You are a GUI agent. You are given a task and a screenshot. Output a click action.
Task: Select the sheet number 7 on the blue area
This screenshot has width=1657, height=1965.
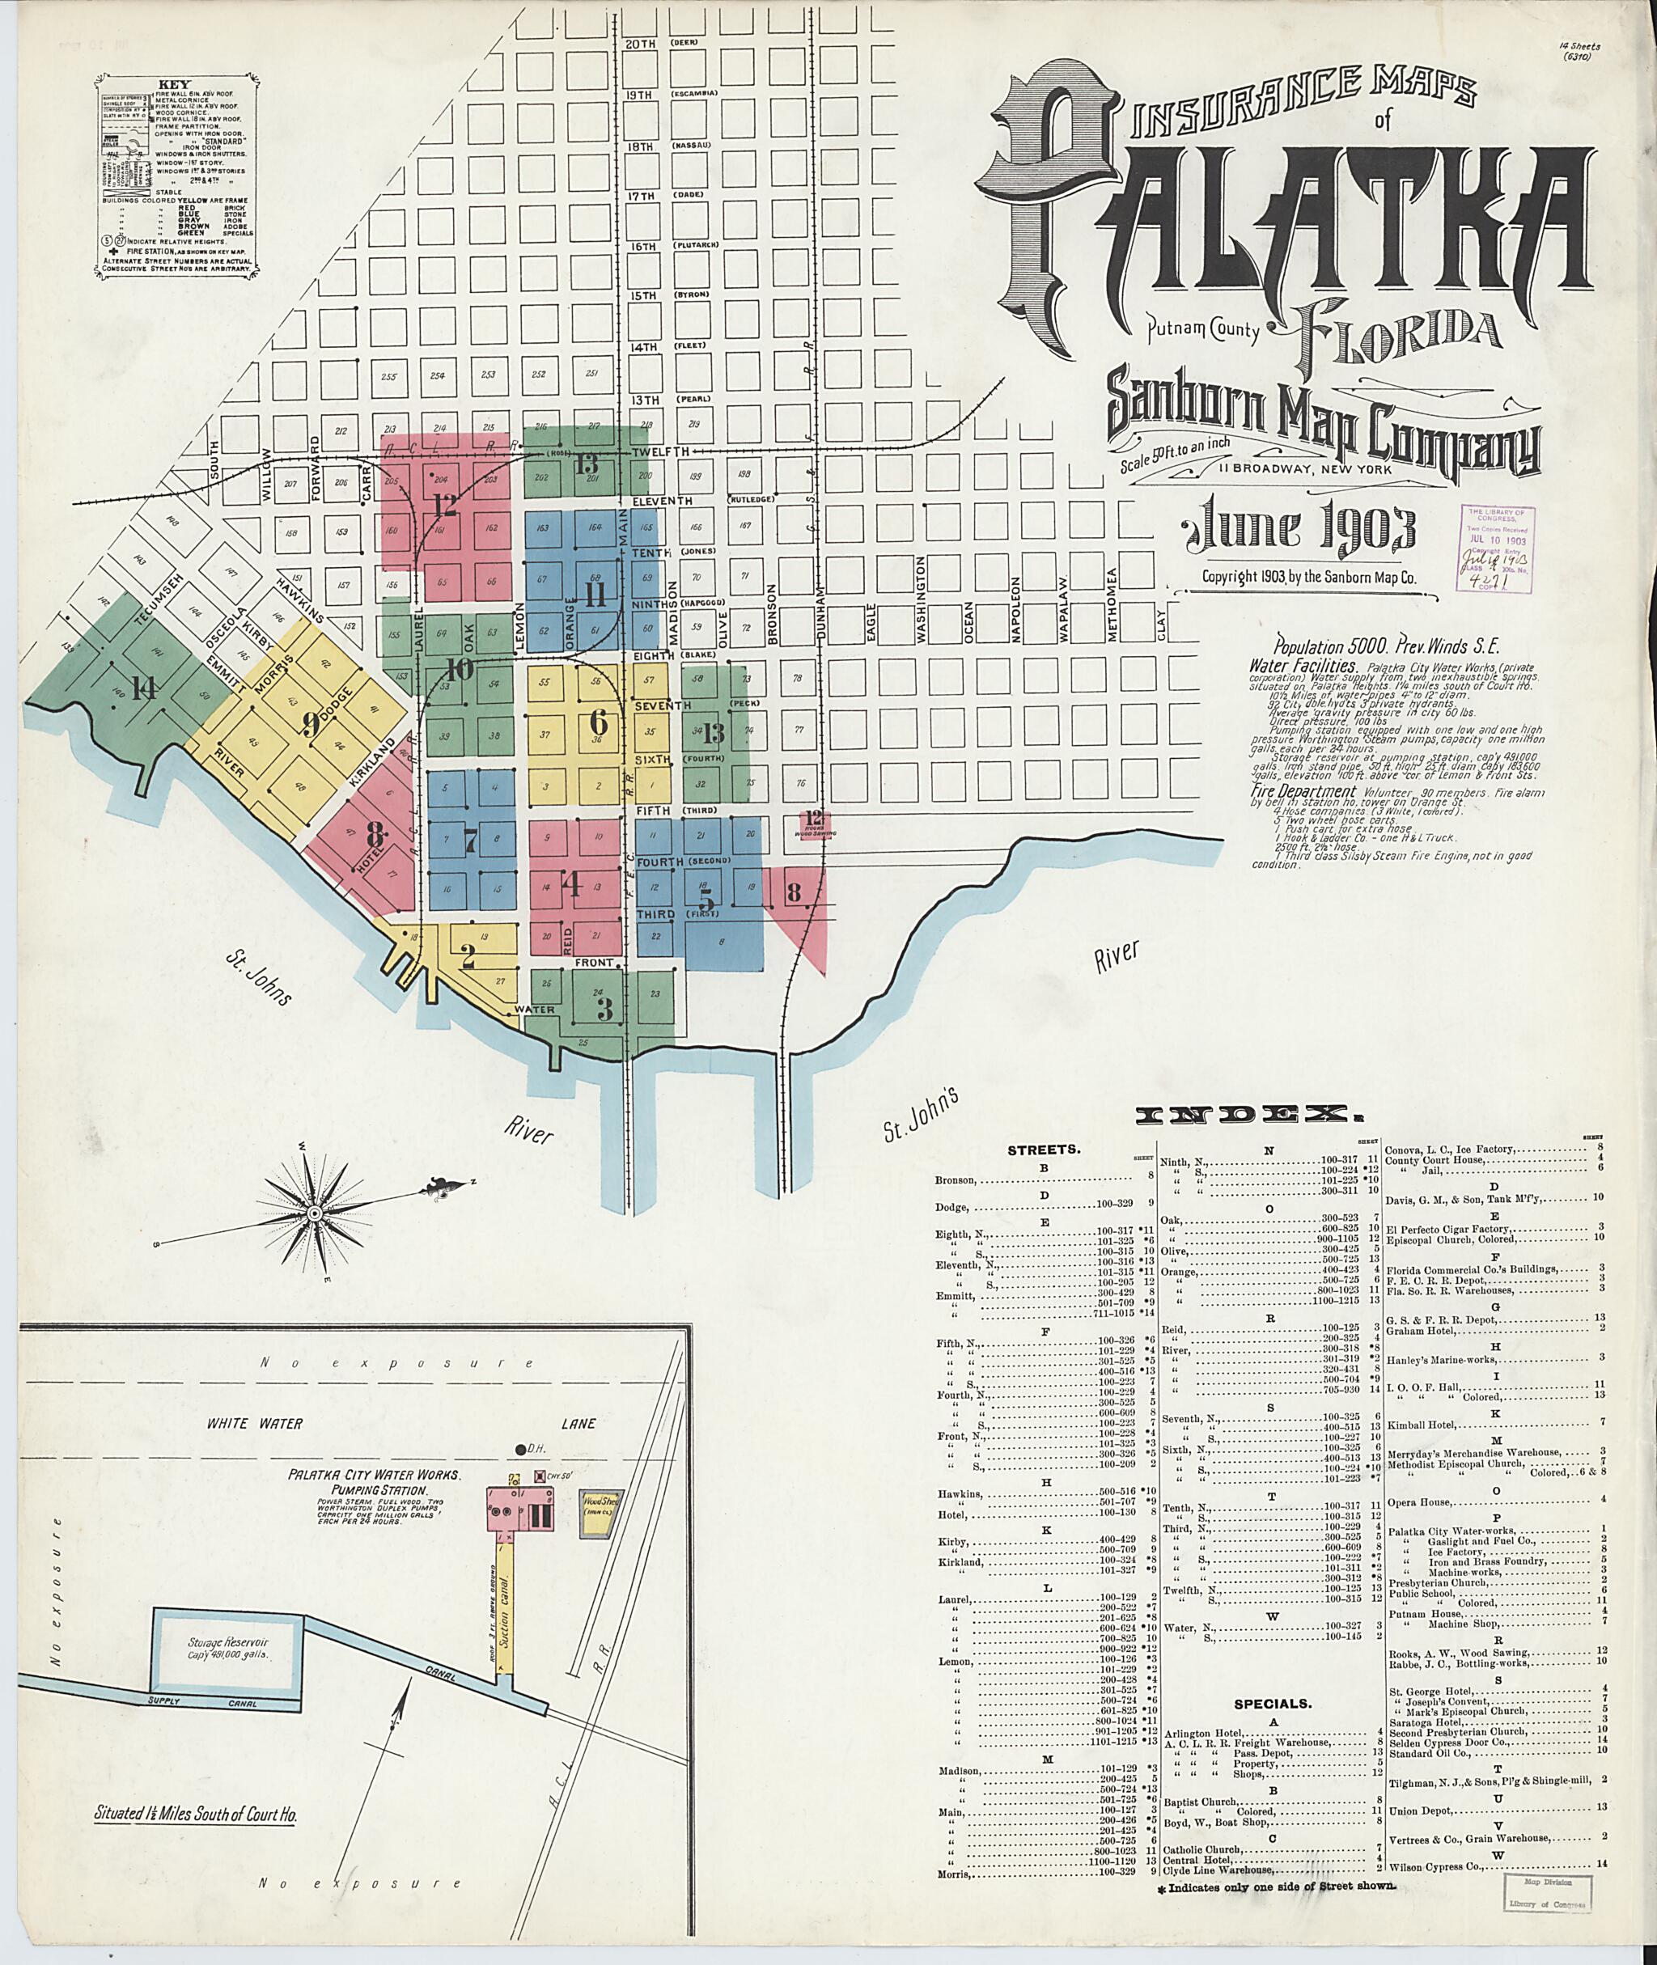click(x=471, y=841)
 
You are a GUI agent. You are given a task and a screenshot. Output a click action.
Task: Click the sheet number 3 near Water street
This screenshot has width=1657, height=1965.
click(x=604, y=1010)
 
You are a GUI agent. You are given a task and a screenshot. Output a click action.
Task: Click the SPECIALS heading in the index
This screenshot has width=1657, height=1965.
click(x=1272, y=1702)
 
